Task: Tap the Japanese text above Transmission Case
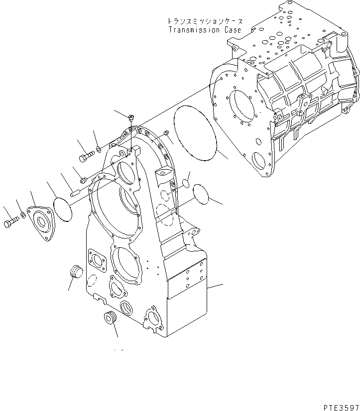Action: click(204, 22)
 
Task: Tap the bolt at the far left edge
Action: click(10, 223)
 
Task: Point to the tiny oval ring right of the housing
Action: click(185, 184)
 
